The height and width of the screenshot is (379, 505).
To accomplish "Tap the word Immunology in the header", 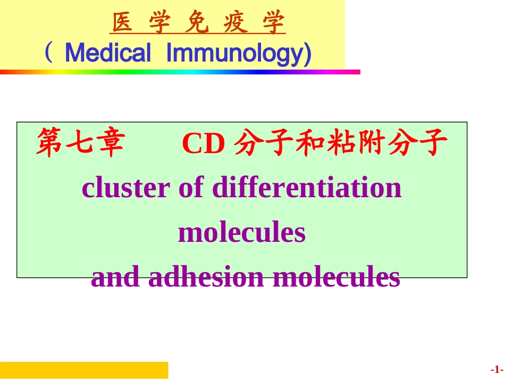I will click(x=238, y=53).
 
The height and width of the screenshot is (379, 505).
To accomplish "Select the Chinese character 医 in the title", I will click(x=122, y=24).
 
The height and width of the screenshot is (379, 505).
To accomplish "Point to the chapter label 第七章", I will click(x=80, y=145).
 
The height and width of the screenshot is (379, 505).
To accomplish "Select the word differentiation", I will click(x=307, y=188).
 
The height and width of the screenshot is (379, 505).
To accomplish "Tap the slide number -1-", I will click(x=496, y=369).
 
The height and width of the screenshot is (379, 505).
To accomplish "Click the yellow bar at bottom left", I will click(x=84, y=370).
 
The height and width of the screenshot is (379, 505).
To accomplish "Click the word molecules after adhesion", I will click(x=336, y=277).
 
